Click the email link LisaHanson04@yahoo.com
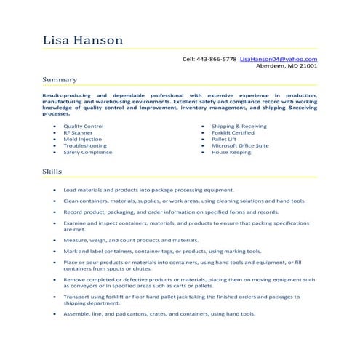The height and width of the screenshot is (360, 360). click(279, 58)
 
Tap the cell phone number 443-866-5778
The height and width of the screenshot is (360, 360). click(219, 58)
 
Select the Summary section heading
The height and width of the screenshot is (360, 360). click(60, 79)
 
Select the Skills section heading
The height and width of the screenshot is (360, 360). click(52, 171)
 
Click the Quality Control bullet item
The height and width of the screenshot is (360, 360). click(84, 126)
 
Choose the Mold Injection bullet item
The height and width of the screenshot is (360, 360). click(82, 139)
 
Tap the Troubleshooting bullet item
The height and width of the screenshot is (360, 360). click(85, 145)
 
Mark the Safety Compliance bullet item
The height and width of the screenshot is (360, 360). click(88, 152)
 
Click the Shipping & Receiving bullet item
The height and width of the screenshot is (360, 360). click(239, 126)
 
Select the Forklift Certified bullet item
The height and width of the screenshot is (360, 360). click(233, 132)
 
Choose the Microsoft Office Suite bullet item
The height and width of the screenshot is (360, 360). click(240, 145)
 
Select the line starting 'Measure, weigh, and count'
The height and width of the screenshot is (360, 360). click(131, 239)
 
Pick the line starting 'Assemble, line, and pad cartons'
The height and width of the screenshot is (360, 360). click(159, 314)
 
